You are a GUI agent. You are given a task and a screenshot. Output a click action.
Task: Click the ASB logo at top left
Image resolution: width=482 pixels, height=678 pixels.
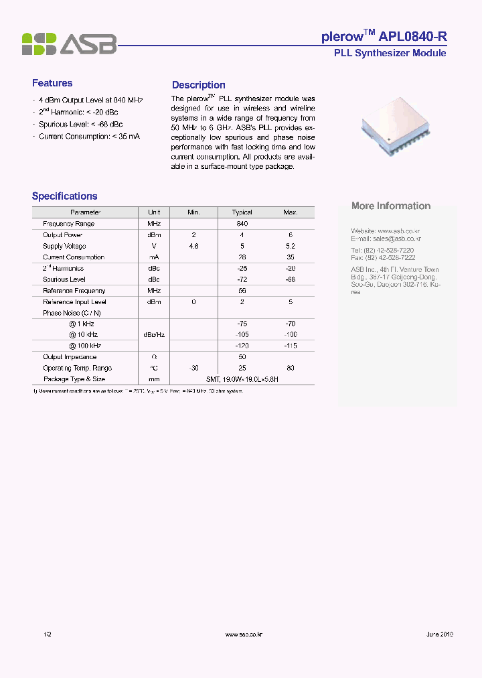[x=69, y=44]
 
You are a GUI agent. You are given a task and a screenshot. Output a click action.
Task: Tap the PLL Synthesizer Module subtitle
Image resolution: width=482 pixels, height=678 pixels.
[x=390, y=53]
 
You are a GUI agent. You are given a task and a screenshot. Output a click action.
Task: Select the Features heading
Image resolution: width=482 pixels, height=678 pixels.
[x=52, y=83]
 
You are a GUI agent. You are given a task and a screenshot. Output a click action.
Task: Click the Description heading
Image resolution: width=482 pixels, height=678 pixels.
[x=198, y=85]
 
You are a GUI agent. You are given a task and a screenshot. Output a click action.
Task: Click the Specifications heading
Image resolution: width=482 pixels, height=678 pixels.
[x=65, y=196]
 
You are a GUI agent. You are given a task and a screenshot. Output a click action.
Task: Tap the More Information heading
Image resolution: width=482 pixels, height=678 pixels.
[x=391, y=206]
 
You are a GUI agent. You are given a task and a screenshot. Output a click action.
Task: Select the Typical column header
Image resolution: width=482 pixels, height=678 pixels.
[x=242, y=212]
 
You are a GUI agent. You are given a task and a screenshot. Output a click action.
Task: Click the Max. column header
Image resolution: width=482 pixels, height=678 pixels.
[x=290, y=212]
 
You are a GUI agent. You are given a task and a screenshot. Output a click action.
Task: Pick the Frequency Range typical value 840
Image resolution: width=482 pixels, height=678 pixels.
[x=242, y=224]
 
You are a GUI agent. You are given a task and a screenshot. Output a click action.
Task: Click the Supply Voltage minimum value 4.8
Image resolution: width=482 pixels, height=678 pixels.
[x=194, y=246]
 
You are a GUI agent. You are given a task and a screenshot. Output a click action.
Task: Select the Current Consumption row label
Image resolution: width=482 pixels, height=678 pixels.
[x=74, y=257]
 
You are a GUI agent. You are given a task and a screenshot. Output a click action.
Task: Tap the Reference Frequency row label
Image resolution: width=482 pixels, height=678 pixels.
[x=74, y=291]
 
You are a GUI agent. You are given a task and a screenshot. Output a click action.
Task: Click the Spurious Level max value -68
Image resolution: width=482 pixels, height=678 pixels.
[x=290, y=279]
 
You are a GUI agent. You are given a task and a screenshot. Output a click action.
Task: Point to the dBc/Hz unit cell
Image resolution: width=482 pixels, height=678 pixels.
[x=154, y=334]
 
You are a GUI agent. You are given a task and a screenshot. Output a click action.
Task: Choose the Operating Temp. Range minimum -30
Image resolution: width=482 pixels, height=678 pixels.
[x=194, y=368]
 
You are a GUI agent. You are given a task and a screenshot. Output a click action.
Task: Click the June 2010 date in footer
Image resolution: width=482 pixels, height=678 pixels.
[x=439, y=634]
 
